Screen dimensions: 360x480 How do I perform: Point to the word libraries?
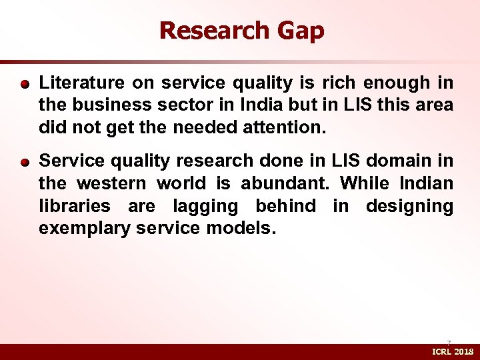click(x=74, y=206)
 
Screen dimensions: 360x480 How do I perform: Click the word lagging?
click(x=205, y=207)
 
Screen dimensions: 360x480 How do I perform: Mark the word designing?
click(x=409, y=207)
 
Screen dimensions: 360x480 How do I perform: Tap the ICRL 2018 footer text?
click(x=453, y=351)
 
